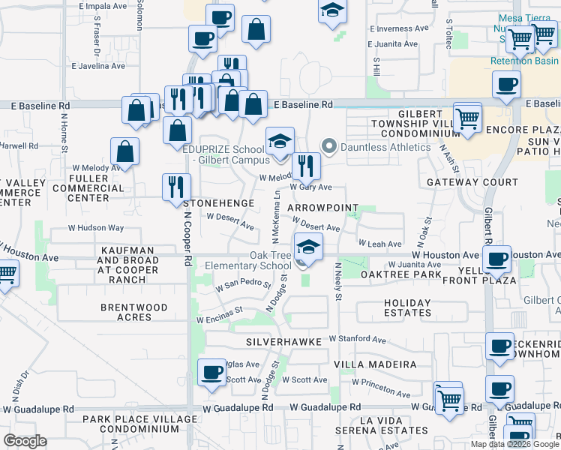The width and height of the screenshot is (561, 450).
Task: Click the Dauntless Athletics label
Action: click(385, 147)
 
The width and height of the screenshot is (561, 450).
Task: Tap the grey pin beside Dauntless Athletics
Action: click(327, 145)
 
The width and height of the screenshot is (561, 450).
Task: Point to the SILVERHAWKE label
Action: click(283, 341)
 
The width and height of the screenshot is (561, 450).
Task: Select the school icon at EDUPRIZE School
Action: click(280, 140)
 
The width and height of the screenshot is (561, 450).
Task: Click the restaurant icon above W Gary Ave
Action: click(305, 166)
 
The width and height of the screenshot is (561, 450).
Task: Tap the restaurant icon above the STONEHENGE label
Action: click(176, 187)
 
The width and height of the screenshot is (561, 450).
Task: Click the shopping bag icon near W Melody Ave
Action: click(124, 151)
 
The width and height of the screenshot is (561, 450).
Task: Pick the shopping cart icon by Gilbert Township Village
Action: click(468, 118)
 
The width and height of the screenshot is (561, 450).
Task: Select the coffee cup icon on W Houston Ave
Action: click(496, 259)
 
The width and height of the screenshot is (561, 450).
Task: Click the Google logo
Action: click(25, 441)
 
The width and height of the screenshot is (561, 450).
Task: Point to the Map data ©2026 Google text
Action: click(514, 444)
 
